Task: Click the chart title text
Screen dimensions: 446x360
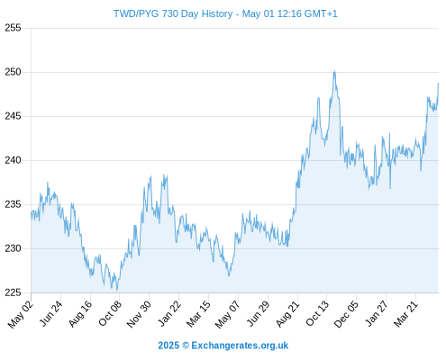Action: [x=225, y=13]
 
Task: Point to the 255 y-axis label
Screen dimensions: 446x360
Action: [x=13, y=28]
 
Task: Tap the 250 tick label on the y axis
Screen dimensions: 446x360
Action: [x=13, y=72]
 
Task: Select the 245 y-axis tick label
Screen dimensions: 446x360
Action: [x=13, y=116]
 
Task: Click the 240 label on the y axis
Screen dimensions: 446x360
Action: [x=13, y=160]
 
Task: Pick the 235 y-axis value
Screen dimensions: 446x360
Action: [x=13, y=204]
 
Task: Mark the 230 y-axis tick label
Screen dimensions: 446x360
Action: [x=13, y=248]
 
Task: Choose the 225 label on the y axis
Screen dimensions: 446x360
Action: [x=13, y=292]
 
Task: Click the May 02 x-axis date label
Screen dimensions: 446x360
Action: [x=21, y=314]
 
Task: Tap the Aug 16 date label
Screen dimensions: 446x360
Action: [x=80, y=314]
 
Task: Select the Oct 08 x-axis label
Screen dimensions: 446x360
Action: [x=110, y=313]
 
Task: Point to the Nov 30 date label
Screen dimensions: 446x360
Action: [x=139, y=314]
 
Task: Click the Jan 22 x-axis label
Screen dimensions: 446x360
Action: [x=169, y=313]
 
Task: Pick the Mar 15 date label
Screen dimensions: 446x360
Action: [x=198, y=313]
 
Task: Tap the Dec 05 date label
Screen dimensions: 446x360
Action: [x=346, y=314]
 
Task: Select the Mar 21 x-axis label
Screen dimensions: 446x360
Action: [x=405, y=313]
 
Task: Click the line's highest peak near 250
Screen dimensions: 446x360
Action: [x=334, y=71]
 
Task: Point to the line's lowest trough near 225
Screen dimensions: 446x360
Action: [x=117, y=290]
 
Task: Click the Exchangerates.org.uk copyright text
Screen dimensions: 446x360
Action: [x=223, y=346]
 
